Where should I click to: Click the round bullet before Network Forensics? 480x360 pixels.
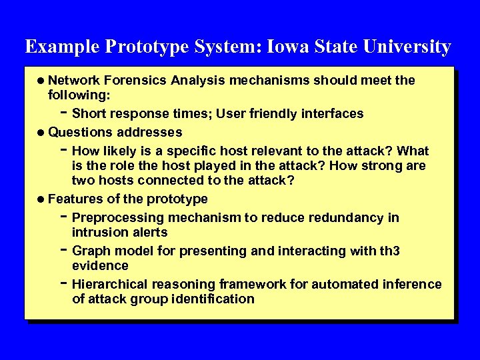(41, 81)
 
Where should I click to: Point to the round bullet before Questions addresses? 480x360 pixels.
(41, 133)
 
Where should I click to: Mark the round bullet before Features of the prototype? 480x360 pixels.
(41, 199)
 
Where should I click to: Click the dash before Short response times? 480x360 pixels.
(63, 111)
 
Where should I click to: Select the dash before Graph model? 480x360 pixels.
(63, 249)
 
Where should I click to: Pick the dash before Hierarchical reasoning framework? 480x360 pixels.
(63, 283)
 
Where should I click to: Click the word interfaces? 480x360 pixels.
(332, 114)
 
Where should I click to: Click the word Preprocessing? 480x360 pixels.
(117, 218)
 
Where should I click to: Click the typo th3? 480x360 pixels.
(389, 251)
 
